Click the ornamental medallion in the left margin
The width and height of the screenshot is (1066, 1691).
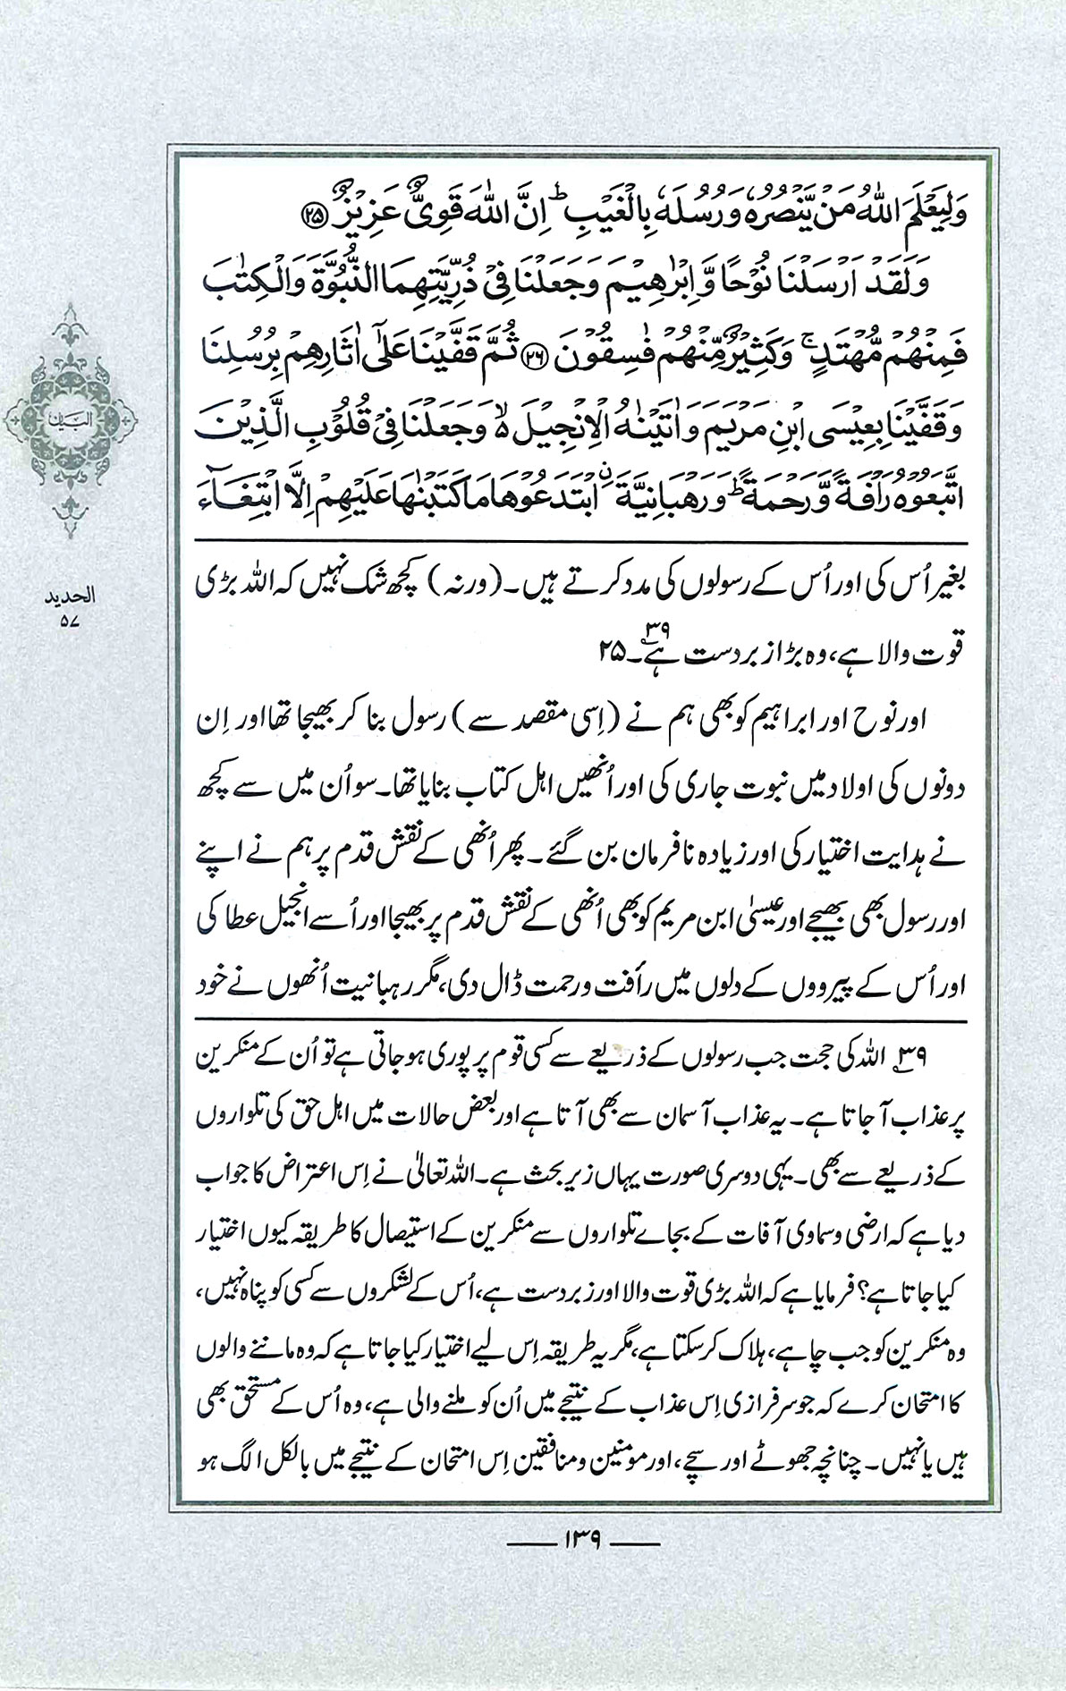71,417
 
